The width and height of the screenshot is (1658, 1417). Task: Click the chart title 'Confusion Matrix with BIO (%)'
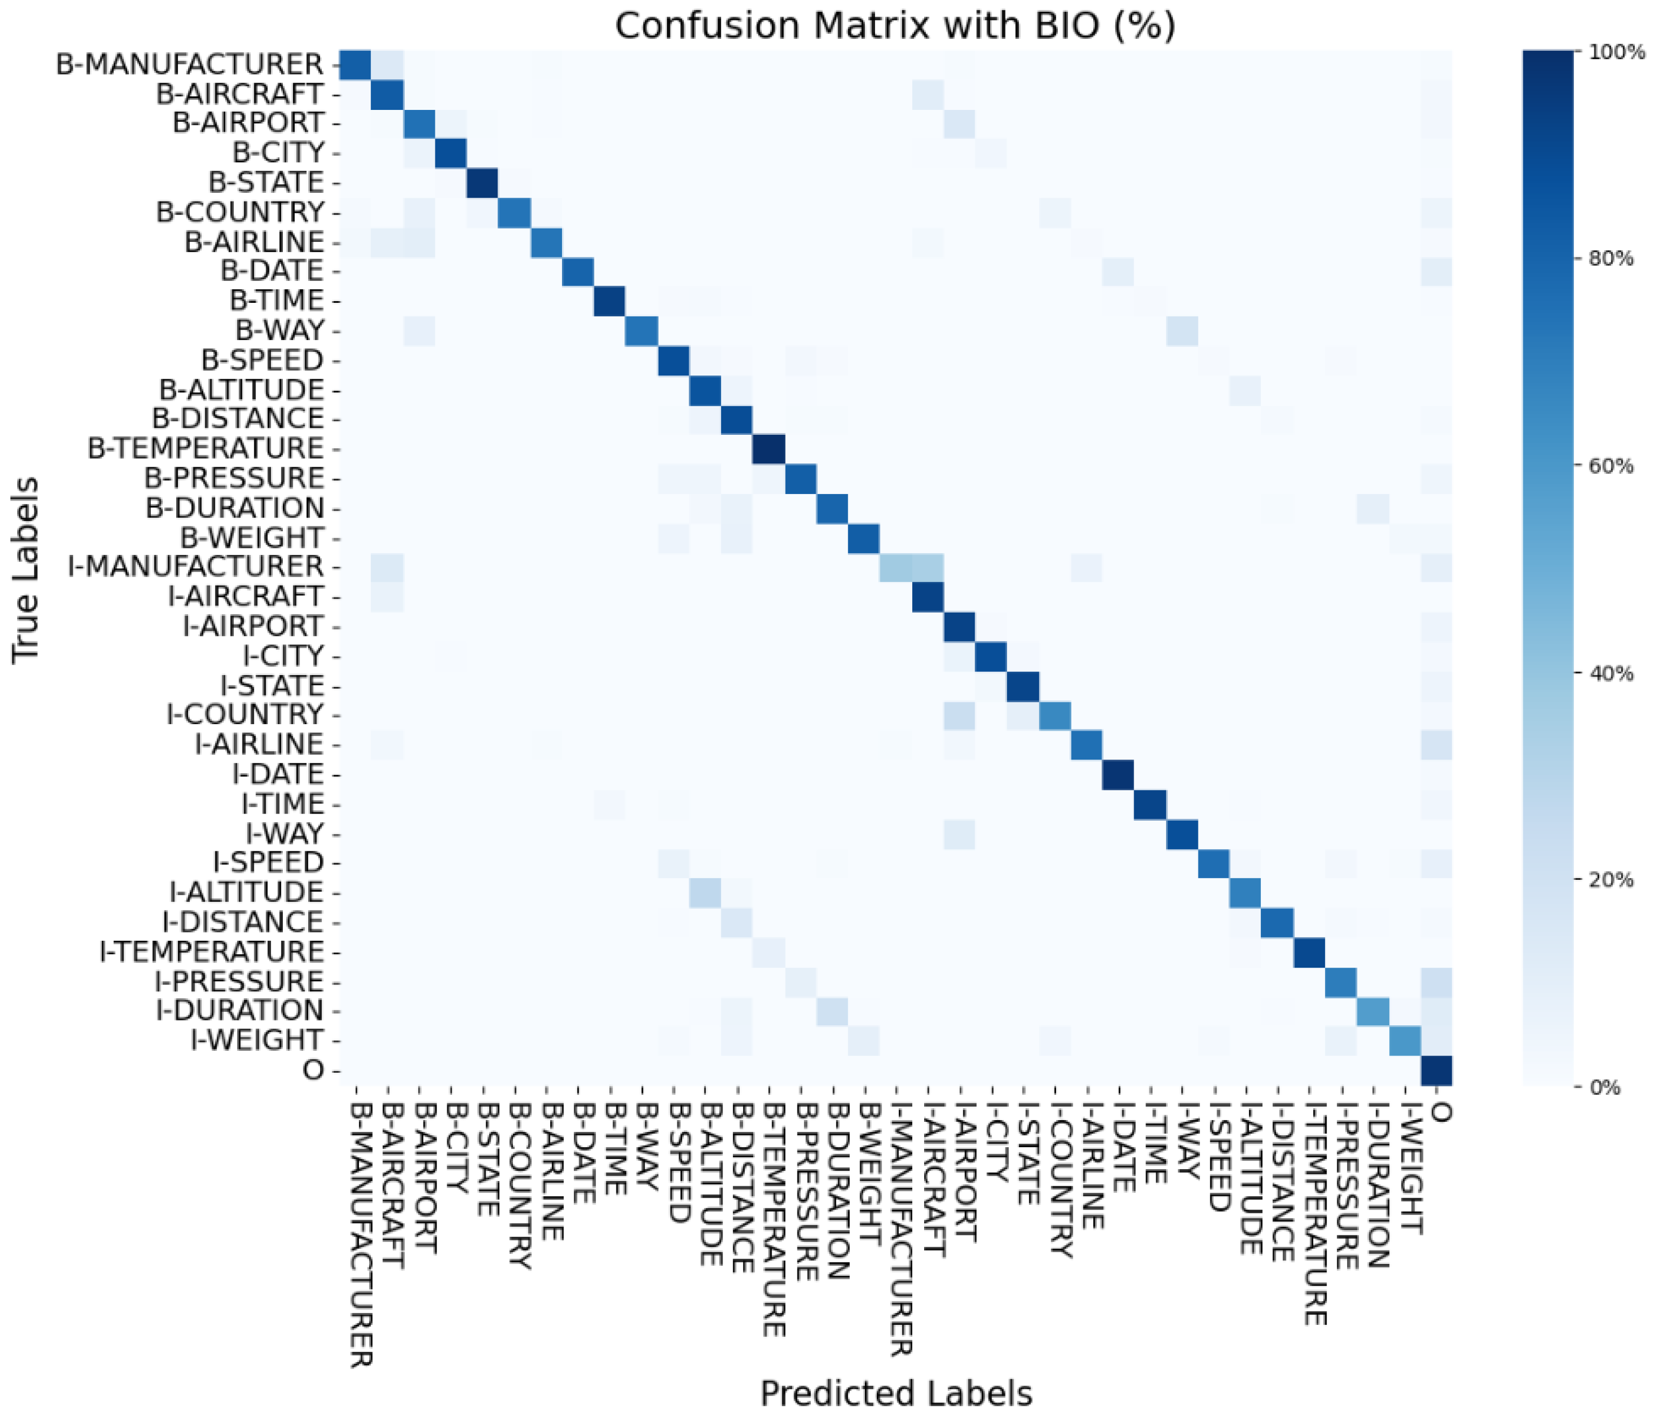tap(894, 26)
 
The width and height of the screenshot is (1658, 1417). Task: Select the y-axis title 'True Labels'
tap(26, 569)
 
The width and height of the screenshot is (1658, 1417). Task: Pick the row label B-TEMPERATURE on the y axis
tap(206, 448)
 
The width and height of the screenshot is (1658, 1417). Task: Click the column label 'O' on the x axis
tap(1439, 1112)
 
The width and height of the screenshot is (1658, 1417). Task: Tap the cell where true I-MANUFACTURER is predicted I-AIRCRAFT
tap(927, 566)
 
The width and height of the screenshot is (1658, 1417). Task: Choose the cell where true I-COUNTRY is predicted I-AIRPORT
tap(959, 714)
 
